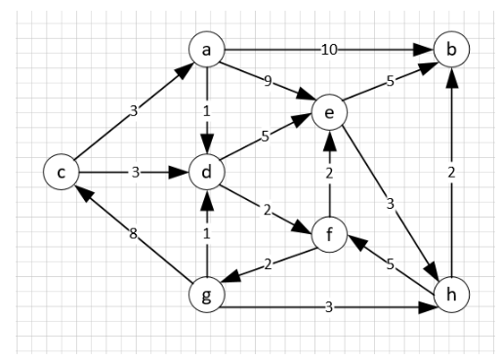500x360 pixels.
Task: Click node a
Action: pos(207,49)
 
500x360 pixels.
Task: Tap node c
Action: pos(61,173)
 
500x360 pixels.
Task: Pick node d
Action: pos(207,173)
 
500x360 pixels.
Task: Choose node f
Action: pos(329,235)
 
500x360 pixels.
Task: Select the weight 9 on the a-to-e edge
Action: pos(269,81)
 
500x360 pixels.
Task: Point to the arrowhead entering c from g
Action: pos(80,189)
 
